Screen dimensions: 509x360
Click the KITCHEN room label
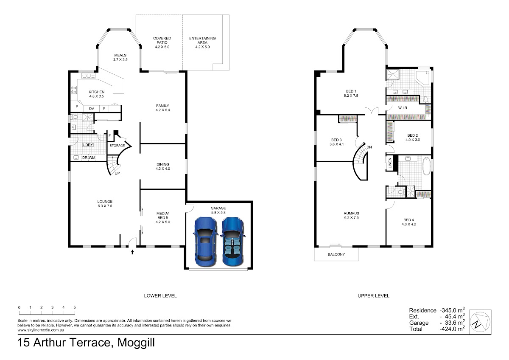[97, 92]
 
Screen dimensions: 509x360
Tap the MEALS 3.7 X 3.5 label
[120, 57]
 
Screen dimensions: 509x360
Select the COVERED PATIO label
[162, 40]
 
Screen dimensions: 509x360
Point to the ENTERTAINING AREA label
[202, 40]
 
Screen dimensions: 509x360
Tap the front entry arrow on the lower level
[132, 252]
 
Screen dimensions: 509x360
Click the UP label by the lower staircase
[117, 173]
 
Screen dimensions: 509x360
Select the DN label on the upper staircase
[369, 147]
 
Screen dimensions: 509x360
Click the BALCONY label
[336, 254]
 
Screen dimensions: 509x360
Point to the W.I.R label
[403, 108]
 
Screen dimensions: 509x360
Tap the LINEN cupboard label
[390, 163]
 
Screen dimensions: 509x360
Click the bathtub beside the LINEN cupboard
[426, 165]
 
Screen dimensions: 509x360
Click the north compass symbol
[480, 322]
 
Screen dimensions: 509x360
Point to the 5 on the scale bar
[75, 307]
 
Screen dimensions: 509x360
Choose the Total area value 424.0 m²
[452, 329]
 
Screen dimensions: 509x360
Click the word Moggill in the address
[136, 343]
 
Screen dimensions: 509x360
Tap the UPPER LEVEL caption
[374, 295]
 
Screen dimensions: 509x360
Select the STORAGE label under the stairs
[117, 145]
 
